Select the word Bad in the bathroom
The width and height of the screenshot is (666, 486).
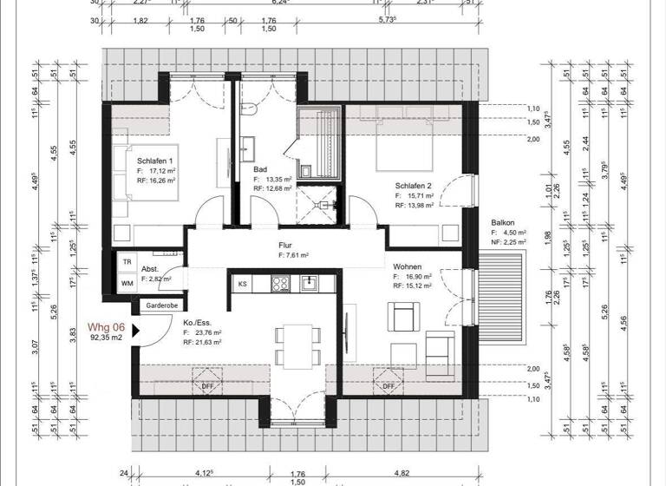point(259,169)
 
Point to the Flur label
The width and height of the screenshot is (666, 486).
point(286,246)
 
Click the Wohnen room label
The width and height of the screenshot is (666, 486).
point(408,267)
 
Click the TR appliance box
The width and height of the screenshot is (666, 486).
point(127,261)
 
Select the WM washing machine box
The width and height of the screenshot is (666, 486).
point(127,283)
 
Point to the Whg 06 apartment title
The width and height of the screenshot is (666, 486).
point(107,327)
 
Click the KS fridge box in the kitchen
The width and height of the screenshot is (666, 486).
point(243,283)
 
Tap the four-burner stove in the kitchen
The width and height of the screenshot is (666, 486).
point(281,283)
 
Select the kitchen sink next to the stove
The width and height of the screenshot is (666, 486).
point(308,283)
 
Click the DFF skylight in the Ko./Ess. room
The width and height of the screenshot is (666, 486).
point(208,385)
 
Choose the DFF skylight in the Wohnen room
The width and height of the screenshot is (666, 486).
point(388,385)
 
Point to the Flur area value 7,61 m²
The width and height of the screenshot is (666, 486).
point(294,256)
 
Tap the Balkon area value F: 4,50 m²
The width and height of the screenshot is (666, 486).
point(511,233)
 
